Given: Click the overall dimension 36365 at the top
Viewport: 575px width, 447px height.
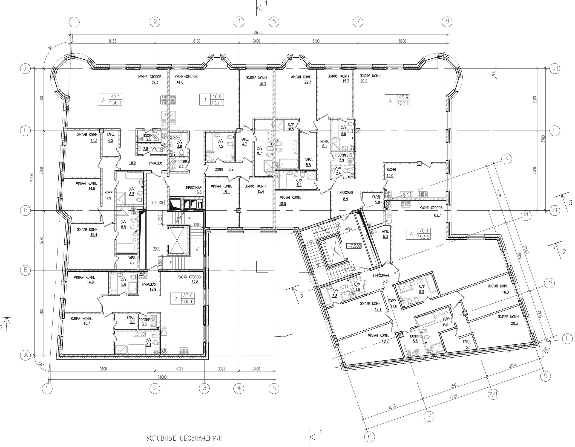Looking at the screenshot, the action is [x=259, y=33].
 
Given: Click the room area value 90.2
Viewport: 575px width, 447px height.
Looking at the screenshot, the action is [x=364, y=81].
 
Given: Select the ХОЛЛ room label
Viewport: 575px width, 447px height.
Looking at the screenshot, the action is [x=219, y=169].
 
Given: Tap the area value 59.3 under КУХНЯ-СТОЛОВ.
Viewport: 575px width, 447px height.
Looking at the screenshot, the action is [x=155, y=82].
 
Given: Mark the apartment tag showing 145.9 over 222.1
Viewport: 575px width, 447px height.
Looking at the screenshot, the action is [x=397, y=100].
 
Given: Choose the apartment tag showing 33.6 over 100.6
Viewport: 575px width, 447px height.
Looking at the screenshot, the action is [x=182, y=299].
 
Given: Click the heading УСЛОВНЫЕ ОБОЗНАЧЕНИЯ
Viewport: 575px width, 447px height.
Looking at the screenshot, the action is [x=184, y=438].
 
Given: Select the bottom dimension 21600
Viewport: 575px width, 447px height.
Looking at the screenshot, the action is [x=162, y=377].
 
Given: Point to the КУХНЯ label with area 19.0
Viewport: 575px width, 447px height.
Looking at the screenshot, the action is [x=391, y=170].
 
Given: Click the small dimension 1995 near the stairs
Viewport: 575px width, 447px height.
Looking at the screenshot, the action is [x=348, y=229].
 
